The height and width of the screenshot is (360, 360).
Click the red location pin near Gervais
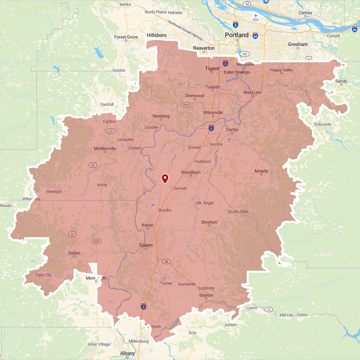165,178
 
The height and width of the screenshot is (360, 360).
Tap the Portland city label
237,35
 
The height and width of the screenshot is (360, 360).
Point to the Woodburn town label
190,172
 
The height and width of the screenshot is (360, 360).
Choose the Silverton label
209,222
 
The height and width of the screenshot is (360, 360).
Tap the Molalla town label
261,171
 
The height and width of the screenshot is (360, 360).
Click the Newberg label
161,116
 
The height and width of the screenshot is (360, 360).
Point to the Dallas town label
74,253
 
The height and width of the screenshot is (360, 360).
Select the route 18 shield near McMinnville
93,165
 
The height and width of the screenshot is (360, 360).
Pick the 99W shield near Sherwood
184,105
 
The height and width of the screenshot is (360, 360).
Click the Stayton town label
206,296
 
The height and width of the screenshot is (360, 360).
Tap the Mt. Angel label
205,203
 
